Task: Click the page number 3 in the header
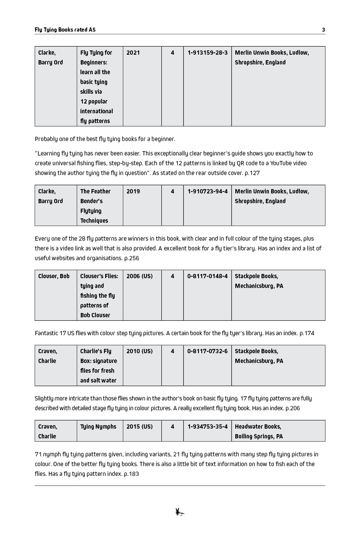323,30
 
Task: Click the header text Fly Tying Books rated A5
65,30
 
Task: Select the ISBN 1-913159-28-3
207,53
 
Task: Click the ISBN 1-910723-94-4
207,191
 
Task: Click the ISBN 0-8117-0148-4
207,276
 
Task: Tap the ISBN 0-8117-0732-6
207,351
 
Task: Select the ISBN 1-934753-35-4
207,427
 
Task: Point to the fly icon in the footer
180,512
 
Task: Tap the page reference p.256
131,258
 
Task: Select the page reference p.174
306,333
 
